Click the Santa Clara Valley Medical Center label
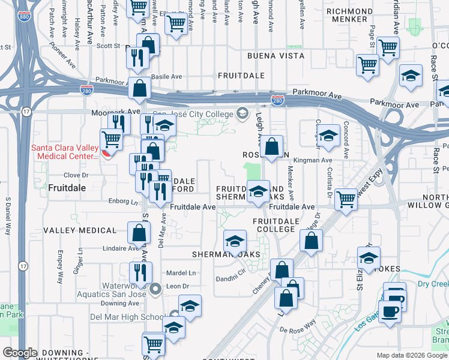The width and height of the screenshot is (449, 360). coord(64,152)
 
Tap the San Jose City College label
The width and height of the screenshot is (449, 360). coord(193,114)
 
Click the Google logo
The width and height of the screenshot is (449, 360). coord(20,353)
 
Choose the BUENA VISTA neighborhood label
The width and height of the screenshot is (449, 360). coord(276,56)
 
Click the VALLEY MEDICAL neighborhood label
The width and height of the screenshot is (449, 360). coord(80,230)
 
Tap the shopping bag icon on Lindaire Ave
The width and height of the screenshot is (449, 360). coord(139,234)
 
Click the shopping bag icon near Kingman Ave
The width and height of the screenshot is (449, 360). coord(272,147)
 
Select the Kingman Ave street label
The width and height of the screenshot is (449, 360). coord(318,161)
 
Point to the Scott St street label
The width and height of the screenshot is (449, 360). coord(109,46)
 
